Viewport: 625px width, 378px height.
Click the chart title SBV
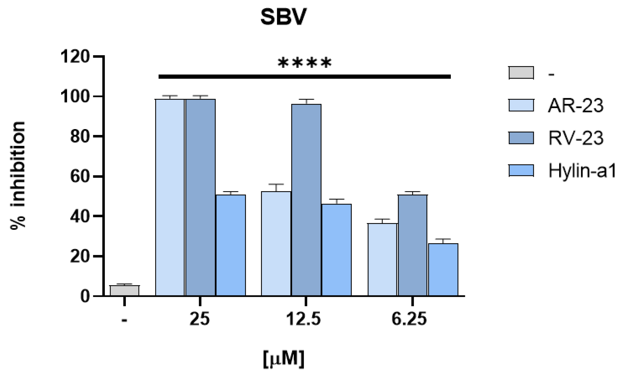[x=283, y=17]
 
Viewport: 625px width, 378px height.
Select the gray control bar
[x=125, y=290]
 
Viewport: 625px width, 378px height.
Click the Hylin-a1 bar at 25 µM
[x=231, y=245]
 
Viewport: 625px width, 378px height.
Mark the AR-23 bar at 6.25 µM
[x=382, y=259]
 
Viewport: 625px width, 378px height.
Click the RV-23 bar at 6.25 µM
[x=412, y=245]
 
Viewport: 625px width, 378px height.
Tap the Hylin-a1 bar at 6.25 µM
[x=443, y=269]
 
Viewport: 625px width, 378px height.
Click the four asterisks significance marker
[x=304, y=63]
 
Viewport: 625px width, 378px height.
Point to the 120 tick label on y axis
[x=75, y=56]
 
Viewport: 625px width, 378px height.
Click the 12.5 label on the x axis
[x=303, y=319]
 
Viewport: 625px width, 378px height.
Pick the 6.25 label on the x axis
[x=409, y=319]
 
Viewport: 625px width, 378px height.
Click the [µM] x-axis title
[x=283, y=359]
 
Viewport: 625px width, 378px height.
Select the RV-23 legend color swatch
[x=521, y=138]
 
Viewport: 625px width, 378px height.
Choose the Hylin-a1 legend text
[x=582, y=171]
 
